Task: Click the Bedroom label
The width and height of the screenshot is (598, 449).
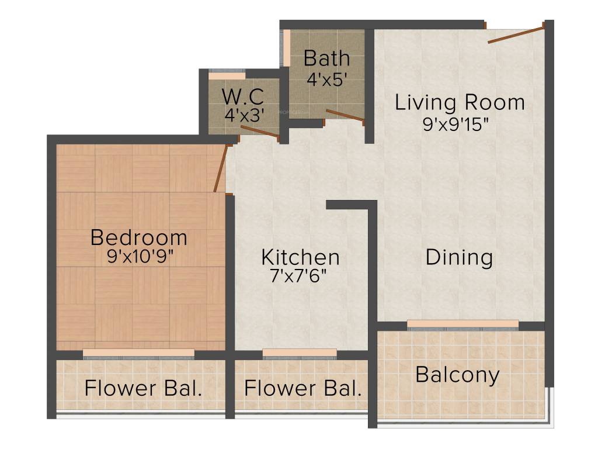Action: click(x=139, y=238)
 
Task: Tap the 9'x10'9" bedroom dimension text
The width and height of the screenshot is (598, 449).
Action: click(x=140, y=257)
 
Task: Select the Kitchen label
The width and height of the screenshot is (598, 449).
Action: click(x=300, y=257)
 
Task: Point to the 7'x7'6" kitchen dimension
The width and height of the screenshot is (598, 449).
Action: click(x=301, y=276)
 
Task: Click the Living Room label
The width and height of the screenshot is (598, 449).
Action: click(x=460, y=102)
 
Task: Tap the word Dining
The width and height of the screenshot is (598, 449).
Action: click(x=459, y=257)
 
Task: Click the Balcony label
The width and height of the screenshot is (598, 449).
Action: click(x=457, y=375)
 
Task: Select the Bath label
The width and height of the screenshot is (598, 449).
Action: click(x=327, y=58)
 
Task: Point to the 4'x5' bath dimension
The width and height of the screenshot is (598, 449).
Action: click(x=327, y=80)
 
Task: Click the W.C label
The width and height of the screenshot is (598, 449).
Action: click(x=242, y=95)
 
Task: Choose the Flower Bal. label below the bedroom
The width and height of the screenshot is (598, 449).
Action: click(x=143, y=389)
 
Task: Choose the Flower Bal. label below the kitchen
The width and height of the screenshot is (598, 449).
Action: click(x=303, y=389)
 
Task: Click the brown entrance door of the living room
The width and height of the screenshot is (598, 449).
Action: click(x=516, y=33)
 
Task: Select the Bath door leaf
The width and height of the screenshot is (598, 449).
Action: click(x=345, y=115)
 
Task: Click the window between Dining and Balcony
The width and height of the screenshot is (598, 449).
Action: click(x=463, y=324)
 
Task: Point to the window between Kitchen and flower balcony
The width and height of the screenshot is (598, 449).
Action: click(x=300, y=353)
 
